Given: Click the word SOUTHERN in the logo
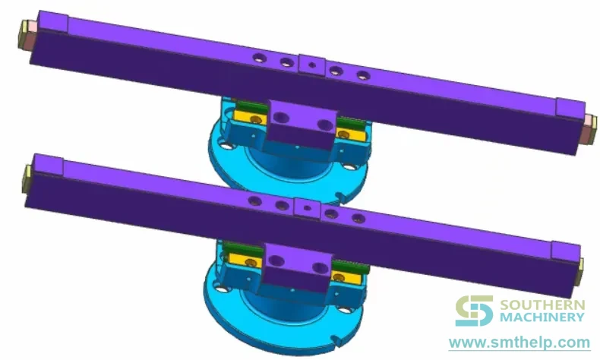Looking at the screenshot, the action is (542, 305).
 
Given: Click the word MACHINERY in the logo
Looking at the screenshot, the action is (542, 317).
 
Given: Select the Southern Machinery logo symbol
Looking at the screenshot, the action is (474, 311).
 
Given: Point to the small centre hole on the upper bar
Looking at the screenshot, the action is (312, 65).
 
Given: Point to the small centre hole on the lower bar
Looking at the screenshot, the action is (307, 208).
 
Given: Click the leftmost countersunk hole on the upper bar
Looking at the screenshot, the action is (260, 58).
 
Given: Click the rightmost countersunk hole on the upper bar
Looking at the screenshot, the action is (363, 75).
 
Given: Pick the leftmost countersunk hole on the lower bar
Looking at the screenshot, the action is (255, 201).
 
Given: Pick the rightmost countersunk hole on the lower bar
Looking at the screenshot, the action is (358, 219).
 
